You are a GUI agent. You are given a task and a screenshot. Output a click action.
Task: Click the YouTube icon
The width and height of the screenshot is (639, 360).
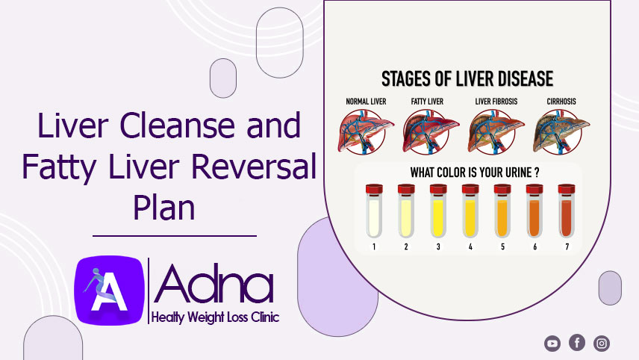pos(552,344)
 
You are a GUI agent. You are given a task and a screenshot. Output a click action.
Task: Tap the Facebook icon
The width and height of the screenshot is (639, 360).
pos(577,343)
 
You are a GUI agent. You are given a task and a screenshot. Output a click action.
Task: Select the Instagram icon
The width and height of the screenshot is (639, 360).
pos(602,344)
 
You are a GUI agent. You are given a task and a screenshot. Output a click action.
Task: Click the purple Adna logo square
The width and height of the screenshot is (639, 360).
pos(109,291)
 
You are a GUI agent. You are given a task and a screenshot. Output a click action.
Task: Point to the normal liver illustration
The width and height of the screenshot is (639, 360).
pos(365,131)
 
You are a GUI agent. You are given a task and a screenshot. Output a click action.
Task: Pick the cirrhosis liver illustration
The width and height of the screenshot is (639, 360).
pos(561,131)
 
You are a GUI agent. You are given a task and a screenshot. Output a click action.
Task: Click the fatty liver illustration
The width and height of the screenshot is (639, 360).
pos(430,131)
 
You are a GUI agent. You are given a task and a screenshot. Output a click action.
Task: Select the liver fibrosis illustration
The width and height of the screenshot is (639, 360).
pos(496,131)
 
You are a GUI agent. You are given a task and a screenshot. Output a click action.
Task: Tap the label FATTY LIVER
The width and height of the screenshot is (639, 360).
pos(427,102)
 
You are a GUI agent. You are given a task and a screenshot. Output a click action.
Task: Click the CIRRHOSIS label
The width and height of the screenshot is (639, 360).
pos(561,102)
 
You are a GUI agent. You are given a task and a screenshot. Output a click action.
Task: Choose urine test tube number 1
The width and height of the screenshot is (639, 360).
pos(374,211)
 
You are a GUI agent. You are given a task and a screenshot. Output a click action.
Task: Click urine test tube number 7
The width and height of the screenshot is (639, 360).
pos(567,211)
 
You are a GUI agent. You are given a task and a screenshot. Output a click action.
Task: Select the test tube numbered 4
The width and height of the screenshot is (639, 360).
pos(470,211)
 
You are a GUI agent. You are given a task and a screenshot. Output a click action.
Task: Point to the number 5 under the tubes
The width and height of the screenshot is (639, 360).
pos(502,246)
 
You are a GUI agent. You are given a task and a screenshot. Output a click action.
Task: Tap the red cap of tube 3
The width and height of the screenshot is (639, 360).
pos(438,189)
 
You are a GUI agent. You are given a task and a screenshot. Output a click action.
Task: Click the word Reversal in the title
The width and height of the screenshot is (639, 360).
pos(254,167)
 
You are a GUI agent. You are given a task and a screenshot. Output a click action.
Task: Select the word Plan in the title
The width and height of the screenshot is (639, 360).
pos(164,207)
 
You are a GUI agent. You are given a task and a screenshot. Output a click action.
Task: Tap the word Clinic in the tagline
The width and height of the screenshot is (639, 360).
pos(265,317)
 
